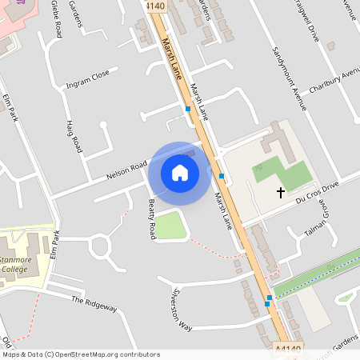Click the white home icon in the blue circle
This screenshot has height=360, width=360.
pos(180,172)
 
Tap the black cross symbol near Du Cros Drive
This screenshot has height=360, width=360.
pos(281,192)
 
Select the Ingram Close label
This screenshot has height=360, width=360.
pos(87,78)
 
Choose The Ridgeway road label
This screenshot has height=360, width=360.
pos(94,303)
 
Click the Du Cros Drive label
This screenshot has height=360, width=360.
pos(317,189)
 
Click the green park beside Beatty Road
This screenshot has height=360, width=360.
pos(170,226)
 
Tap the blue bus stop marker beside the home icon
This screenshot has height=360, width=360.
pos(221,175)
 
